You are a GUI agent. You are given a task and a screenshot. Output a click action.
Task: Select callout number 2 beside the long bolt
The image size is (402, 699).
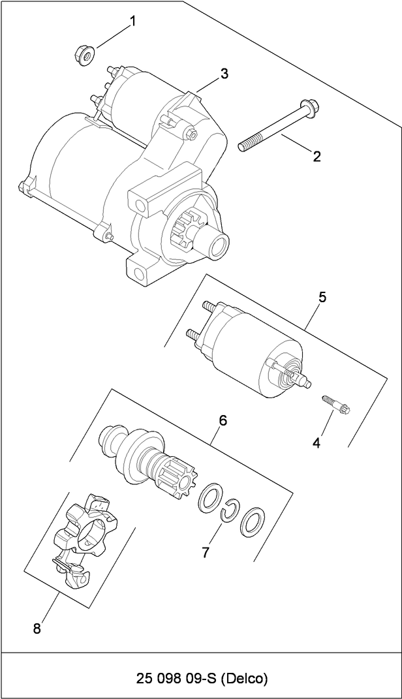click(x=317, y=156)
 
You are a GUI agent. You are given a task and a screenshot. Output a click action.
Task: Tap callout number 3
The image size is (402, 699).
click(x=224, y=74)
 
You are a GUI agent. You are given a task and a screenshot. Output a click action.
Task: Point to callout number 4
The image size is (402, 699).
click(x=317, y=443)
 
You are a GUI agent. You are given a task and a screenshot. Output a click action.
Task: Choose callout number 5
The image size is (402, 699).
click(x=322, y=297)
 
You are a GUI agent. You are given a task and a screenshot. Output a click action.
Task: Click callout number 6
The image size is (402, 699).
click(x=223, y=421)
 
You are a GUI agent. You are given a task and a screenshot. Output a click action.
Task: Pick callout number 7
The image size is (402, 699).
click(x=205, y=552)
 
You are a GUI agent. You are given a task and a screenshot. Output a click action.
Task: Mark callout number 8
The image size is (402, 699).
click(x=37, y=629)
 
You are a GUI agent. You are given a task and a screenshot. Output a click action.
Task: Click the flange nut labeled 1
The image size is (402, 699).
click(x=84, y=52)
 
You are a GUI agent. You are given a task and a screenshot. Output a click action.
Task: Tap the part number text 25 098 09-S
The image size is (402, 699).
click(x=176, y=679)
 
